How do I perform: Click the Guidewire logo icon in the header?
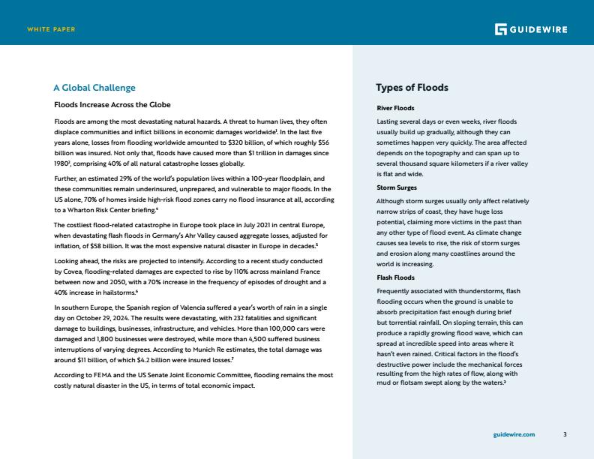(501, 29)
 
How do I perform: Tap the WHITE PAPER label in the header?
(51, 29)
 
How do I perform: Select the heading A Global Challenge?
(94, 88)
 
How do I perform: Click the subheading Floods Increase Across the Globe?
(112, 104)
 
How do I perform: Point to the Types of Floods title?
(412, 88)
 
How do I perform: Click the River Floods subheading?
(390, 109)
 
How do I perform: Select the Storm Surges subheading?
(397, 187)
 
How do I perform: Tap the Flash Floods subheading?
(394, 277)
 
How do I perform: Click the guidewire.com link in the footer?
(514, 434)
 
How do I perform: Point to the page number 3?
(565, 434)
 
